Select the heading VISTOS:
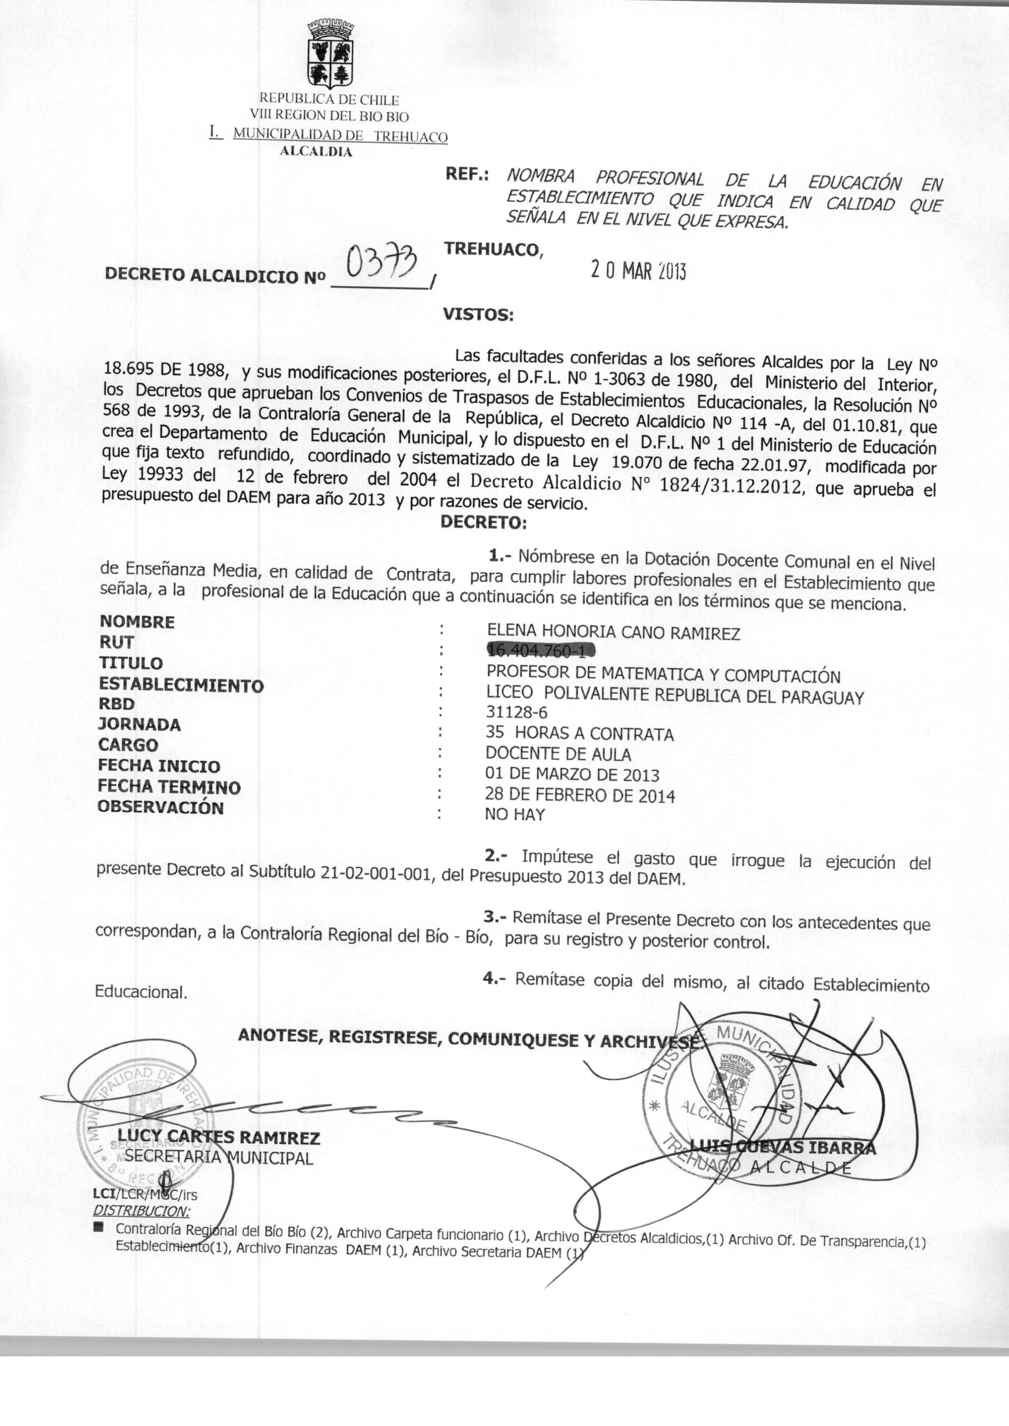coord(478,315)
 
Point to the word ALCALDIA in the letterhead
coord(316,152)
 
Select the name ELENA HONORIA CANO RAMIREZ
coord(613,632)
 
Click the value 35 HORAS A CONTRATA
coord(579,734)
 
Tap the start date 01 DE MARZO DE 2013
coord(572,774)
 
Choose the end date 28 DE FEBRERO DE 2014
coord(580,795)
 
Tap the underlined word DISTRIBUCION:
coord(142,1210)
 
